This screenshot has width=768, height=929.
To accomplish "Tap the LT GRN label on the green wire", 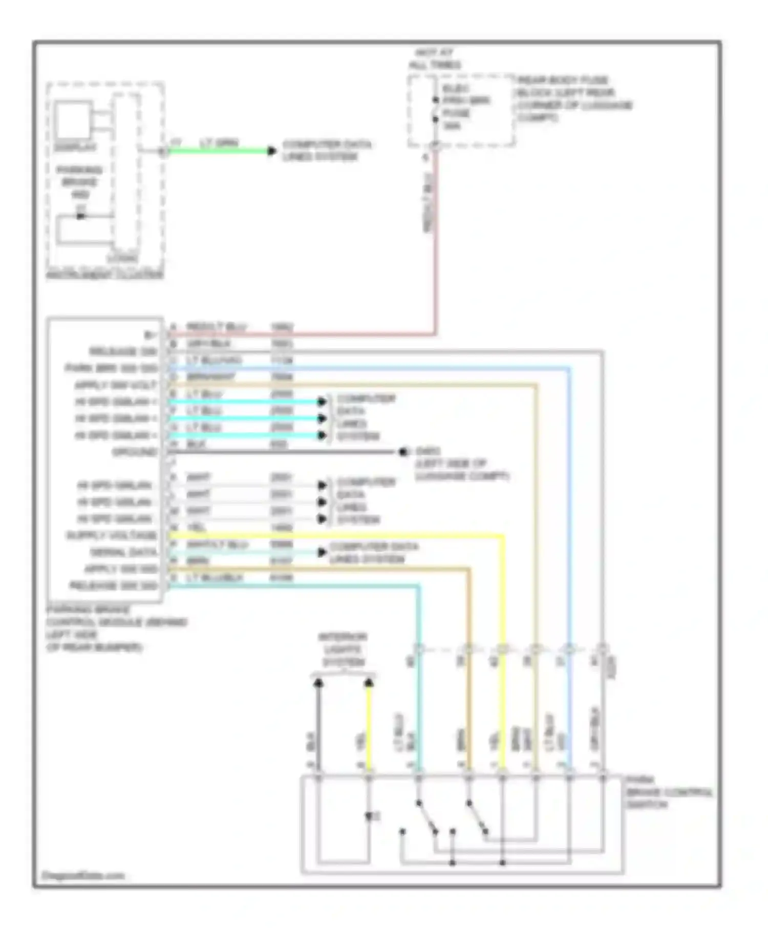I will coord(219,143).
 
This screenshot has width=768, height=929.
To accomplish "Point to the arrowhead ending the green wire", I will coord(272,151).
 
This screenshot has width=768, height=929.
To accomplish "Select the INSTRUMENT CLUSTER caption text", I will coord(105,275).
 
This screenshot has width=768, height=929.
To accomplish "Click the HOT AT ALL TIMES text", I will coord(434,59).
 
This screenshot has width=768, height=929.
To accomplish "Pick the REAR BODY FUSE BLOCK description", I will coord(573,99).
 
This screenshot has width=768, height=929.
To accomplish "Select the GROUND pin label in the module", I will coord(135,452).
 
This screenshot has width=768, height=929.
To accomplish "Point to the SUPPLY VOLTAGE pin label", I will coord(112,536).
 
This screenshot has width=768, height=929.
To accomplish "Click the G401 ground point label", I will coord(428,452).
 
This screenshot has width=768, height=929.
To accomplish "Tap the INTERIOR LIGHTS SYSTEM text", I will coord(343,649).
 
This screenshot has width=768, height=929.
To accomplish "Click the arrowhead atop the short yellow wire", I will coord(369,683).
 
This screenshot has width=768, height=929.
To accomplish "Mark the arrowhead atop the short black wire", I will coord(318,683).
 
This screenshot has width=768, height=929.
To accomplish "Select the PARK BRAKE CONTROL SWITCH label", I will coord(668,792).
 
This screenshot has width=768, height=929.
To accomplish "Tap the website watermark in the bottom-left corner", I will coord(83,875).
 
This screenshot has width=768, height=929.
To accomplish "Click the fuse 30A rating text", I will coord(451,126).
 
